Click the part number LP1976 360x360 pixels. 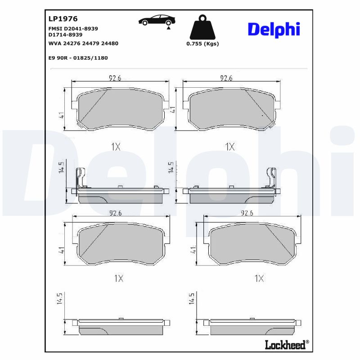pyautogui.click(x=63, y=19)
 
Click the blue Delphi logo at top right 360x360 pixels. pyautogui.click(x=274, y=29)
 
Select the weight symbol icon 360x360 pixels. pyautogui.click(x=202, y=27)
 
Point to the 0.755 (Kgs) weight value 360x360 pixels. pyautogui.click(x=202, y=44)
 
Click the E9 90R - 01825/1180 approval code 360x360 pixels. pyautogui.click(x=78, y=58)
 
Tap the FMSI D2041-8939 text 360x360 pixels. pyautogui.click(x=73, y=28)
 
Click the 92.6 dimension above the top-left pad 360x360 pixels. pyautogui.click(x=115, y=78)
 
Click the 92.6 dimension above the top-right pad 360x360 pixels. pyautogui.click(x=226, y=78)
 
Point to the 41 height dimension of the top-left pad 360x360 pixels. pyautogui.click(x=62, y=115)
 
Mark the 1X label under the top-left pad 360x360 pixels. pyautogui.click(x=116, y=146)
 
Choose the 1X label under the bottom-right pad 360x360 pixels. pyautogui.click(x=259, y=279)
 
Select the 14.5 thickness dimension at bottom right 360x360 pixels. pyautogui.click(x=192, y=298)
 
